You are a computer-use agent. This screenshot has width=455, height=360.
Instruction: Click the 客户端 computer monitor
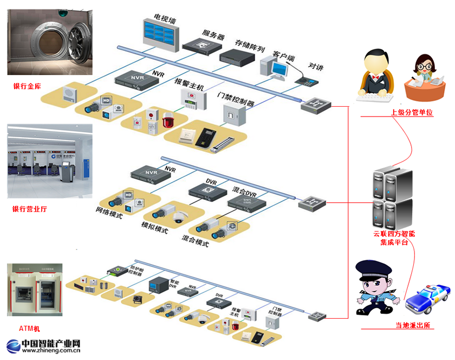click(x=278, y=69)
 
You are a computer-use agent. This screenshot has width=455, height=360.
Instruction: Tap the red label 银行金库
click(x=27, y=86)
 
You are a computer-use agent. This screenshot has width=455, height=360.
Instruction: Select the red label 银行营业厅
click(x=29, y=209)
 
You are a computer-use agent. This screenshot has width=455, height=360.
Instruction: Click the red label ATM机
click(x=29, y=329)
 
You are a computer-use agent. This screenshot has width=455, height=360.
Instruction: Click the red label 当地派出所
click(x=413, y=325)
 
